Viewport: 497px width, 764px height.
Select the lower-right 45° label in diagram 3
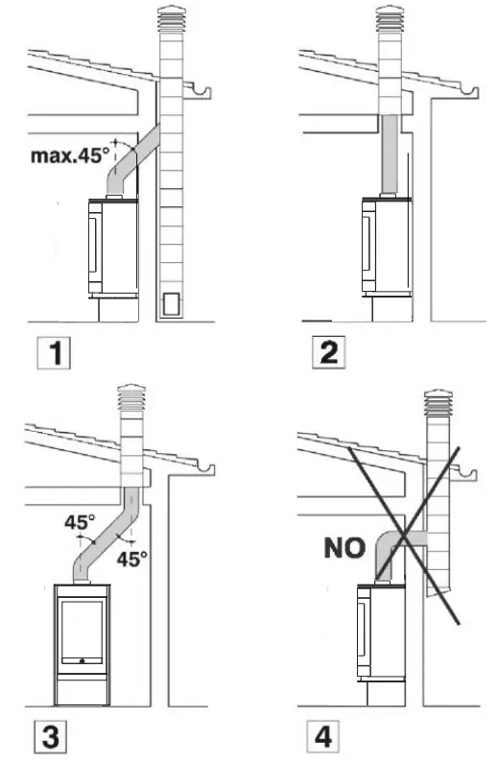pyautogui.click(x=131, y=557)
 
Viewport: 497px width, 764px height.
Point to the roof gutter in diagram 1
pyautogui.click(x=203, y=93)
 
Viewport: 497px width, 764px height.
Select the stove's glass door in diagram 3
pyautogui.click(x=83, y=630)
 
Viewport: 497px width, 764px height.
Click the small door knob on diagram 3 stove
pyautogui.click(x=83, y=660)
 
